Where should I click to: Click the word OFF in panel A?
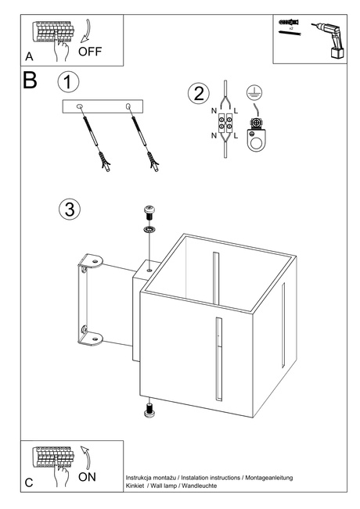click(x=90, y=52)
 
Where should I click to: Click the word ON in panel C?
click(x=87, y=477)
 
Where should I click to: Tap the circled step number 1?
click(x=68, y=81)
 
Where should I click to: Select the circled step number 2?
click(x=199, y=94)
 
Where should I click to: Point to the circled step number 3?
click(x=70, y=209)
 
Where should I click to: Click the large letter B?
click(x=30, y=81)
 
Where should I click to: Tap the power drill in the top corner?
click(x=329, y=41)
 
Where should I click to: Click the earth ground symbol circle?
click(x=254, y=94)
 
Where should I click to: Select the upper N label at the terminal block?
click(x=214, y=111)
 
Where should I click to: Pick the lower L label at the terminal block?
click(x=236, y=135)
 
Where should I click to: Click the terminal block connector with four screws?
click(x=225, y=123)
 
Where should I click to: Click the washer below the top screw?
click(x=149, y=230)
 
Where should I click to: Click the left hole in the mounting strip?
click(x=79, y=106)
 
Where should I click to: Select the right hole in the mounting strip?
click(x=128, y=106)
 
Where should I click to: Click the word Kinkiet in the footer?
click(x=135, y=486)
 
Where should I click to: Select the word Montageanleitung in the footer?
click(x=269, y=478)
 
